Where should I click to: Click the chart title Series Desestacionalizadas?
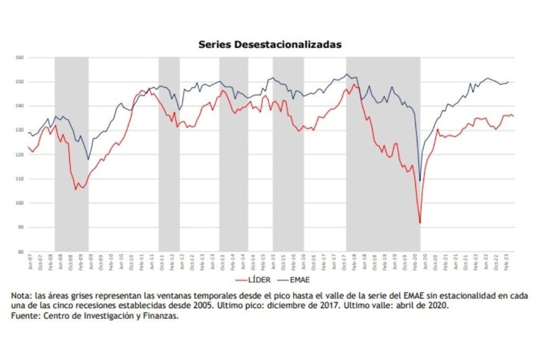[x=269, y=45]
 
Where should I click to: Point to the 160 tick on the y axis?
[x=19, y=58]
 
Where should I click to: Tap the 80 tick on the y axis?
[x=20, y=252]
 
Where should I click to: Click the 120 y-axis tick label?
[x=19, y=155]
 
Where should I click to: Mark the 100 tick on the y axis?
[x=19, y=204]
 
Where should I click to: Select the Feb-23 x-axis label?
[x=507, y=261]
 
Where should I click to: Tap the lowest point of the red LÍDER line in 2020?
[x=420, y=223]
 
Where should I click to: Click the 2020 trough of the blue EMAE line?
[x=420, y=181]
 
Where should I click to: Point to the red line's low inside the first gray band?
[x=76, y=189]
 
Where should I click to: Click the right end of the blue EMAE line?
[x=508, y=82]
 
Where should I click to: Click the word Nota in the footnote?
[x=20, y=296]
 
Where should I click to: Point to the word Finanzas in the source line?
[x=161, y=316]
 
